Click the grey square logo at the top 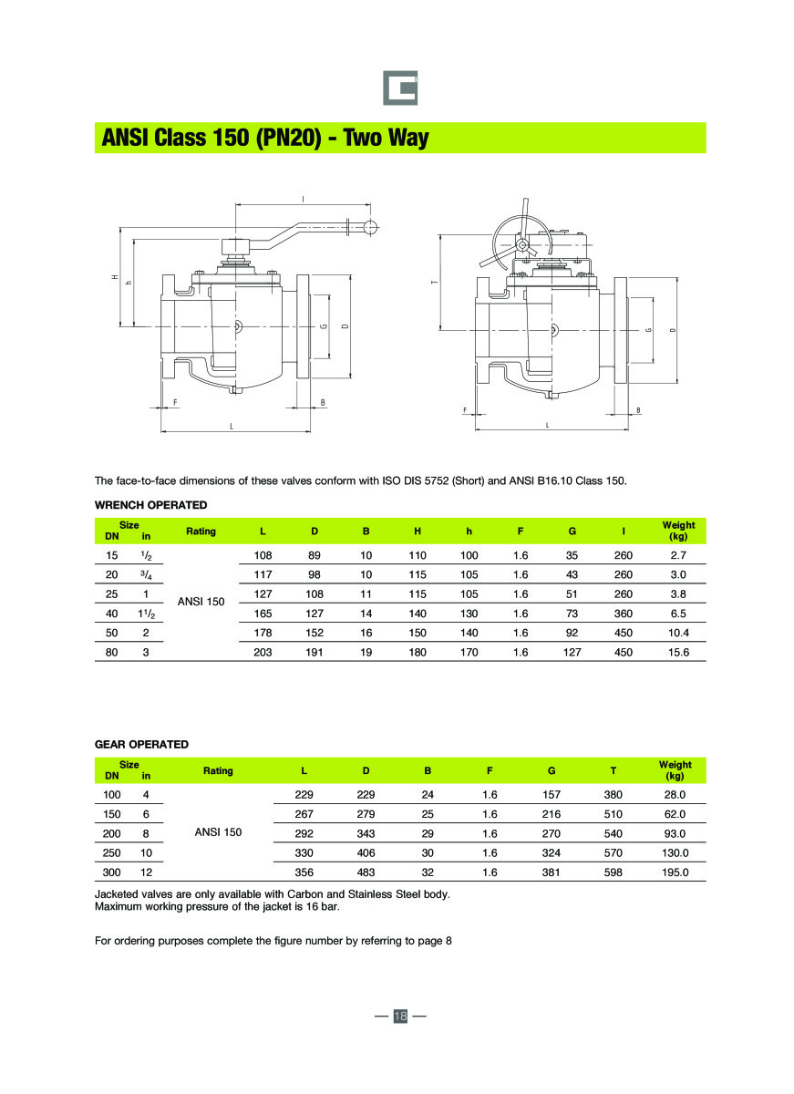click(x=400, y=88)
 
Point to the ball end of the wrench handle click(x=370, y=228)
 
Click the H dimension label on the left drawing click(x=115, y=277)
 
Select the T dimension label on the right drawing click(x=434, y=283)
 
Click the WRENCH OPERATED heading click(x=151, y=505)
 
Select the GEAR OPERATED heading click(x=141, y=744)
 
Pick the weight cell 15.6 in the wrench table click(x=678, y=652)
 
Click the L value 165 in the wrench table click(x=263, y=614)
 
